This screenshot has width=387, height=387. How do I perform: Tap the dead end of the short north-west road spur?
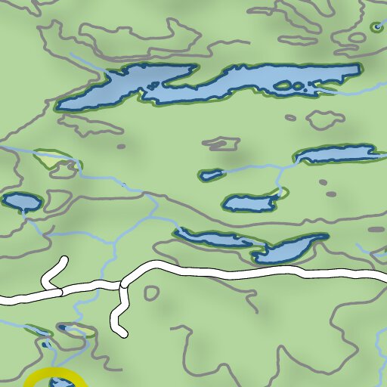tap(63, 261)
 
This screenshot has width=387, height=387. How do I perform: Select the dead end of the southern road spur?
tap(122, 333)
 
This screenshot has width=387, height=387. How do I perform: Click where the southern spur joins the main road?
tap(121, 285)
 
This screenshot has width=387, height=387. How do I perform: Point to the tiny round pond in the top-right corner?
tap(376, 28)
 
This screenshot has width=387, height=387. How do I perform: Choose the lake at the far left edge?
tap(21, 202)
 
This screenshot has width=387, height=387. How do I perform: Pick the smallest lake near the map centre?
tap(211, 175)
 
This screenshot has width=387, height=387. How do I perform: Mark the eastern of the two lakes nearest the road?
tap(290, 249)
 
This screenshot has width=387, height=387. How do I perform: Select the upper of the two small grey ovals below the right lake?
tap(323, 182)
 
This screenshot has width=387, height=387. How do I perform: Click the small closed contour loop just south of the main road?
tap(151, 293)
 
